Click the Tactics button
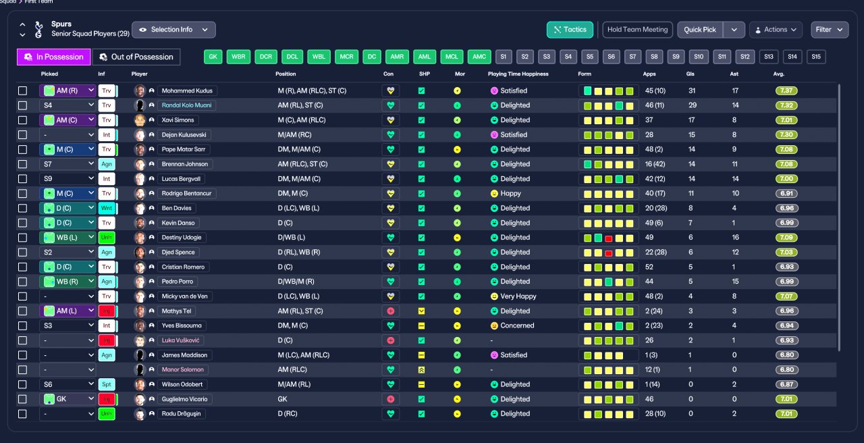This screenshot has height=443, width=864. [570, 30]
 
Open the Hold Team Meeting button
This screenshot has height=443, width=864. [637, 30]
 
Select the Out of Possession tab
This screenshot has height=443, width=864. [136, 57]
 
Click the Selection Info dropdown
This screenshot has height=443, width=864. [173, 30]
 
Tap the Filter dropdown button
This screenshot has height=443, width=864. [830, 30]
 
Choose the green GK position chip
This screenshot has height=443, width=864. [213, 57]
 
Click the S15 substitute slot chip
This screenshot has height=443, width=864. [816, 57]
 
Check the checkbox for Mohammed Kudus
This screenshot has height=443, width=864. [23, 90]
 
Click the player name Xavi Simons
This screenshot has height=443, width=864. [178, 120]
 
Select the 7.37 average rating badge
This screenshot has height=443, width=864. [786, 90]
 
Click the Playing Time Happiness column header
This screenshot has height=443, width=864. [518, 74]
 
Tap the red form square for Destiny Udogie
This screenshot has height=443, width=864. [609, 238]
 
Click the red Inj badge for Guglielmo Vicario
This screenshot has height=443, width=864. [107, 399]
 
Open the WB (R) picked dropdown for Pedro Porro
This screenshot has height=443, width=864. [67, 282]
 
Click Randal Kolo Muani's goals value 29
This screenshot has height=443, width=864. [693, 105]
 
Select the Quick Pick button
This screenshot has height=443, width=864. [700, 30]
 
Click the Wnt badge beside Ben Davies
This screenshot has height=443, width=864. [107, 208]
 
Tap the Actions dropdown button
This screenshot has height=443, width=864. [776, 30]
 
